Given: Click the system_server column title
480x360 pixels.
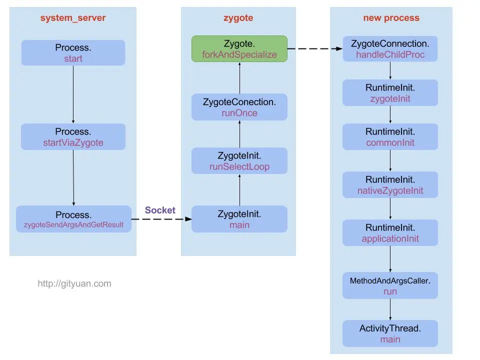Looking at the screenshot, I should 73,18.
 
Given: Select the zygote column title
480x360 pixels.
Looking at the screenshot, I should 238,18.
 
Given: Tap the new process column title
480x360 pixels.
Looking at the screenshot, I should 391,18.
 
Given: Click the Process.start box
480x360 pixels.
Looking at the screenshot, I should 73,53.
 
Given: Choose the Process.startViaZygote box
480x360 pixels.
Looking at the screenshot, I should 73,136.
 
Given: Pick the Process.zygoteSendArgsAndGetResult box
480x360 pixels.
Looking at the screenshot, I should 73,219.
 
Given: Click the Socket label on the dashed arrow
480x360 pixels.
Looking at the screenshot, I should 160,210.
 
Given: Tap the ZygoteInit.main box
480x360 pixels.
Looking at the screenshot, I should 239,219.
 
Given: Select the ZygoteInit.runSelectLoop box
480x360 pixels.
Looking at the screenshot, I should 239,160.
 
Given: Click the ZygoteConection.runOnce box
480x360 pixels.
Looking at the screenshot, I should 239,107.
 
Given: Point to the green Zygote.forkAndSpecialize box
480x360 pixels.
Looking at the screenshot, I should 239,48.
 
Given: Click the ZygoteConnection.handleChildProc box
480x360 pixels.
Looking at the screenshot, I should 390,48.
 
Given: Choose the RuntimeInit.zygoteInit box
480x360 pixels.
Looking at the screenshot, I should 390,92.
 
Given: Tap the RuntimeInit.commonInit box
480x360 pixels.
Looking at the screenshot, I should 390,136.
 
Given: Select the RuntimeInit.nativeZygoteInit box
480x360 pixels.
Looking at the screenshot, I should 390,184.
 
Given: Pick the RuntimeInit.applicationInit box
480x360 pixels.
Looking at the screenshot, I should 390,232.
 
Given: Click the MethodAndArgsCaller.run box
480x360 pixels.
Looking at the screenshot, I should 390,285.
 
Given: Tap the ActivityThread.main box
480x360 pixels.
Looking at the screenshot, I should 390,333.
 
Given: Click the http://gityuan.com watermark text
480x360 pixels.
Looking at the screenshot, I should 74,284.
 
